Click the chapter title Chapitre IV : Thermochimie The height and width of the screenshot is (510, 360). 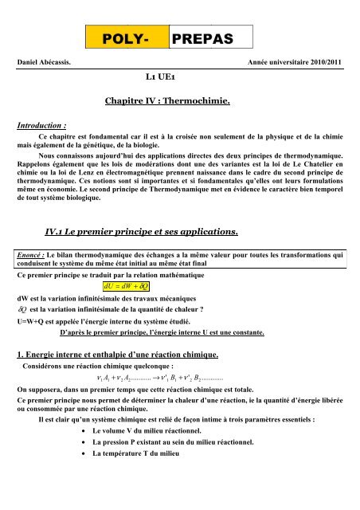coord(178,102)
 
